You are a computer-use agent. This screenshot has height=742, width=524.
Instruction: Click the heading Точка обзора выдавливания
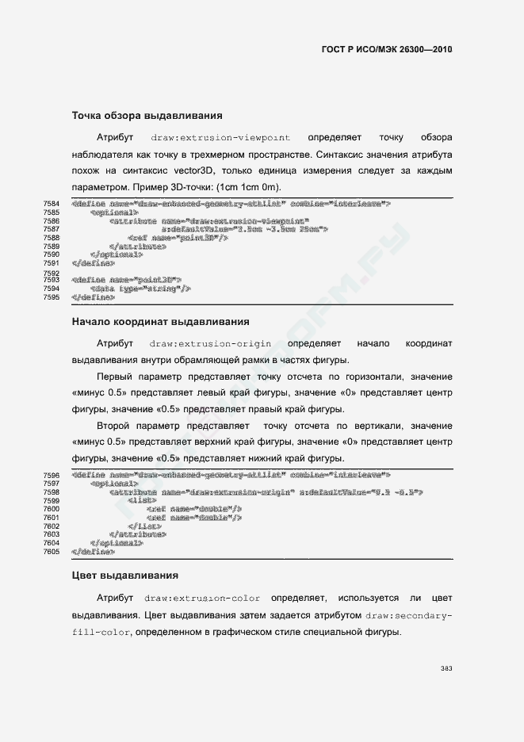tap(142, 116)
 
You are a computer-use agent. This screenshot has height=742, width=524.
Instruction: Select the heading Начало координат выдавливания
tap(160, 322)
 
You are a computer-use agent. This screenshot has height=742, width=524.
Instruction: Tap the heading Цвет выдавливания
tap(124, 574)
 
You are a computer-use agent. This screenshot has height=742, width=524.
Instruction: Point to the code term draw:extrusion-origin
tap(210, 344)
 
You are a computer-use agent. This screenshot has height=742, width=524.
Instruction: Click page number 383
tap(446, 668)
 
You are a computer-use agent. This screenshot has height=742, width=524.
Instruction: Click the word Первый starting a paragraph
tap(116, 377)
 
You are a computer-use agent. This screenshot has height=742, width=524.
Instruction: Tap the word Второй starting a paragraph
tap(115, 426)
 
